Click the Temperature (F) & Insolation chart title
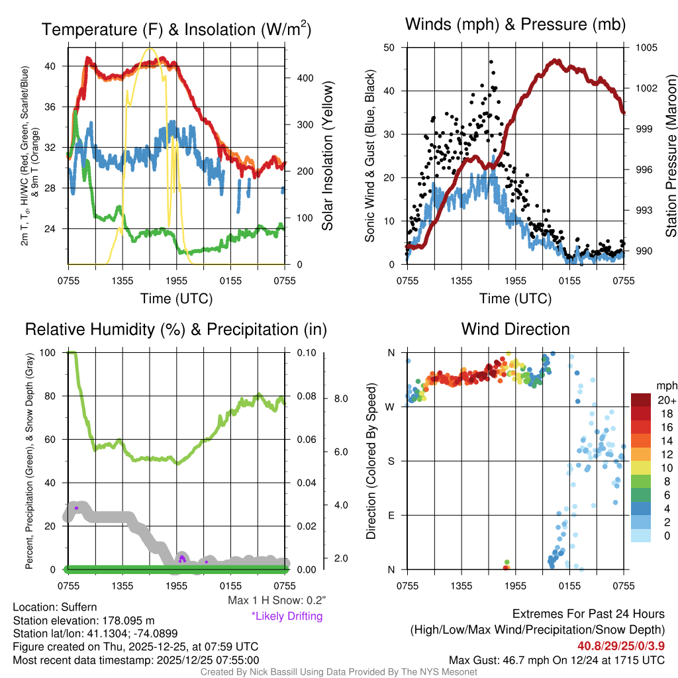(x=176, y=30)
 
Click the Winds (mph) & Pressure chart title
(x=515, y=25)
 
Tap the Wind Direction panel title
(x=515, y=329)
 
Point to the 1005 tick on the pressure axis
(x=646, y=48)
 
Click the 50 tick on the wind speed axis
(x=389, y=48)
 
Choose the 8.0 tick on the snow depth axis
(x=341, y=399)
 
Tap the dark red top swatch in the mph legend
(x=642, y=400)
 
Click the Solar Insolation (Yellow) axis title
(x=327, y=156)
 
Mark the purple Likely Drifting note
(x=287, y=616)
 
